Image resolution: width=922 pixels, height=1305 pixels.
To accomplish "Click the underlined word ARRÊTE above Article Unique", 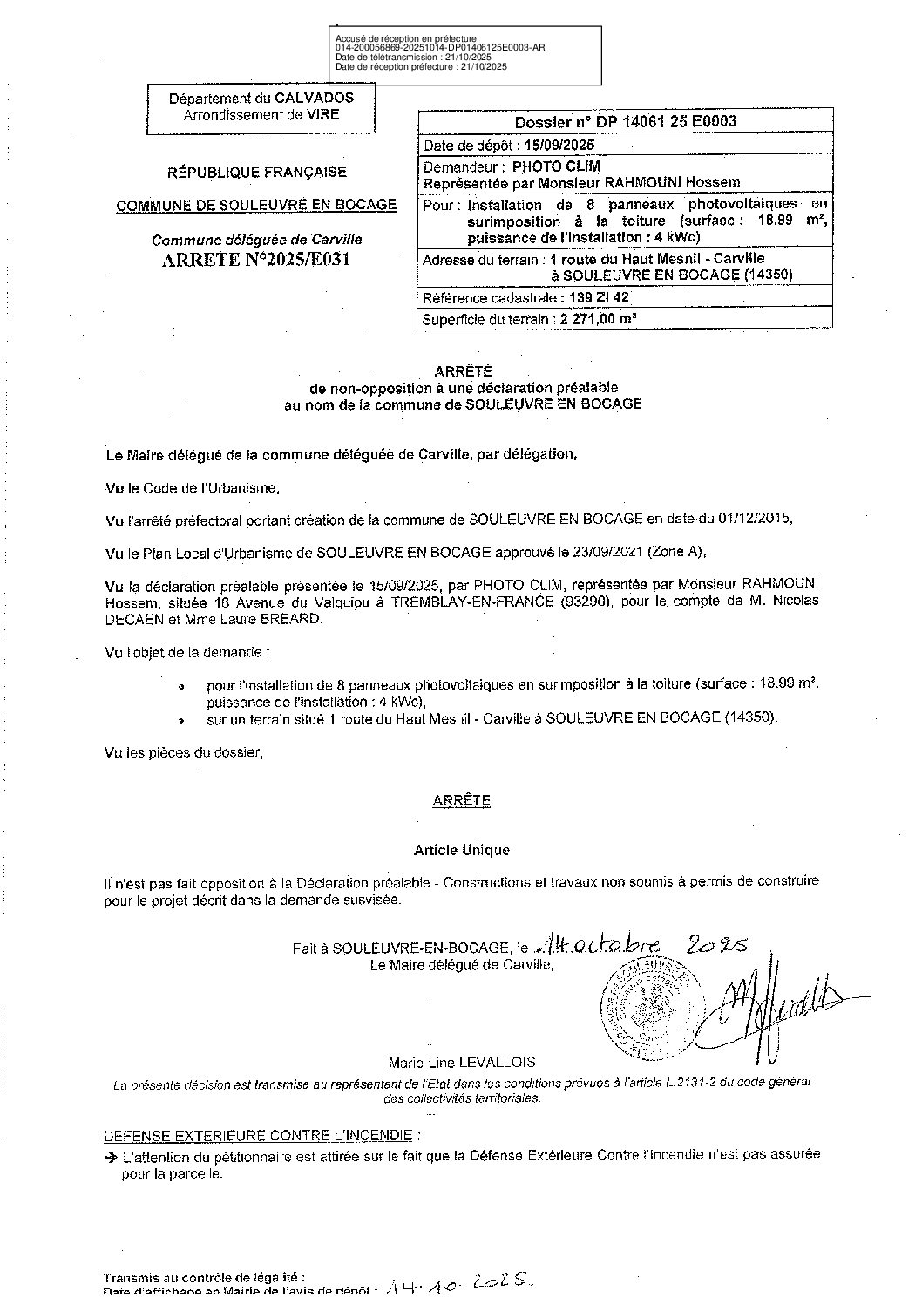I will click(x=461, y=801).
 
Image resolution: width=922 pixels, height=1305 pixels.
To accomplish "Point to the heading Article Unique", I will click(x=461, y=850).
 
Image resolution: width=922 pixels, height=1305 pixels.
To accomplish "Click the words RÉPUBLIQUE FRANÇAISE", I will click(x=257, y=173).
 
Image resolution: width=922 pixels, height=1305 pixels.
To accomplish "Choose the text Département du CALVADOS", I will click(x=261, y=99).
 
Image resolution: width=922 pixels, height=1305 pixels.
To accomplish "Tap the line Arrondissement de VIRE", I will click(x=261, y=114).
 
